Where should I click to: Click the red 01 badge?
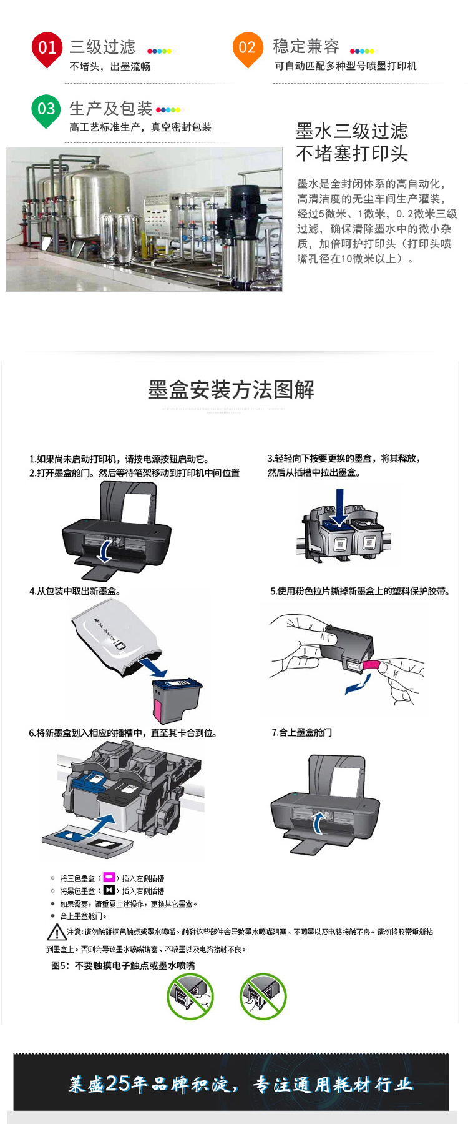47,48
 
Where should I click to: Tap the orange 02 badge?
247,47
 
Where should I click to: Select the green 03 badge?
46,109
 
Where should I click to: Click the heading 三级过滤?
102,47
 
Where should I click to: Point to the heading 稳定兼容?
306,46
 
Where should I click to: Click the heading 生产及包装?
110,109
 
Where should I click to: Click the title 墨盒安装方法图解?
231,390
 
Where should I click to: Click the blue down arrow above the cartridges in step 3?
339,507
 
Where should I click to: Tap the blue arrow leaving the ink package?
154,668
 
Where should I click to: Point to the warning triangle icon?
57,933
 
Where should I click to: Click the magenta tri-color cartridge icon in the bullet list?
109,877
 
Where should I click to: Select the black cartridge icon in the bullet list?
109,890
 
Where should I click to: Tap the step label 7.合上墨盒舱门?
301,732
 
